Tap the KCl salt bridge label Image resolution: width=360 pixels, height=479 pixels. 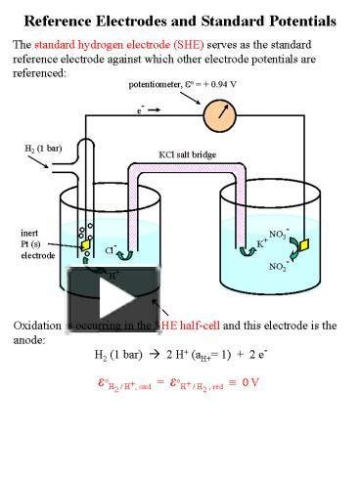coord(188,153)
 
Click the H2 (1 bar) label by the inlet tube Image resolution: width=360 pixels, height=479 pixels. coord(43,148)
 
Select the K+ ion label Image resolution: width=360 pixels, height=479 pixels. coord(262,243)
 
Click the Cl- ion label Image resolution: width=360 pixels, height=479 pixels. coord(111,250)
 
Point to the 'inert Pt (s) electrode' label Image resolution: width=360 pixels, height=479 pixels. coord(37,243)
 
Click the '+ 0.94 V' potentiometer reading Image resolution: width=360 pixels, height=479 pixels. coord(220,84)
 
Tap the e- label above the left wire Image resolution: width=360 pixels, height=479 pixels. coord(142,110)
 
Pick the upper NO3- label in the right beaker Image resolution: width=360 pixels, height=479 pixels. coord(277,235)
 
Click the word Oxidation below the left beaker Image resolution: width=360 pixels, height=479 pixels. coord(38,326)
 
